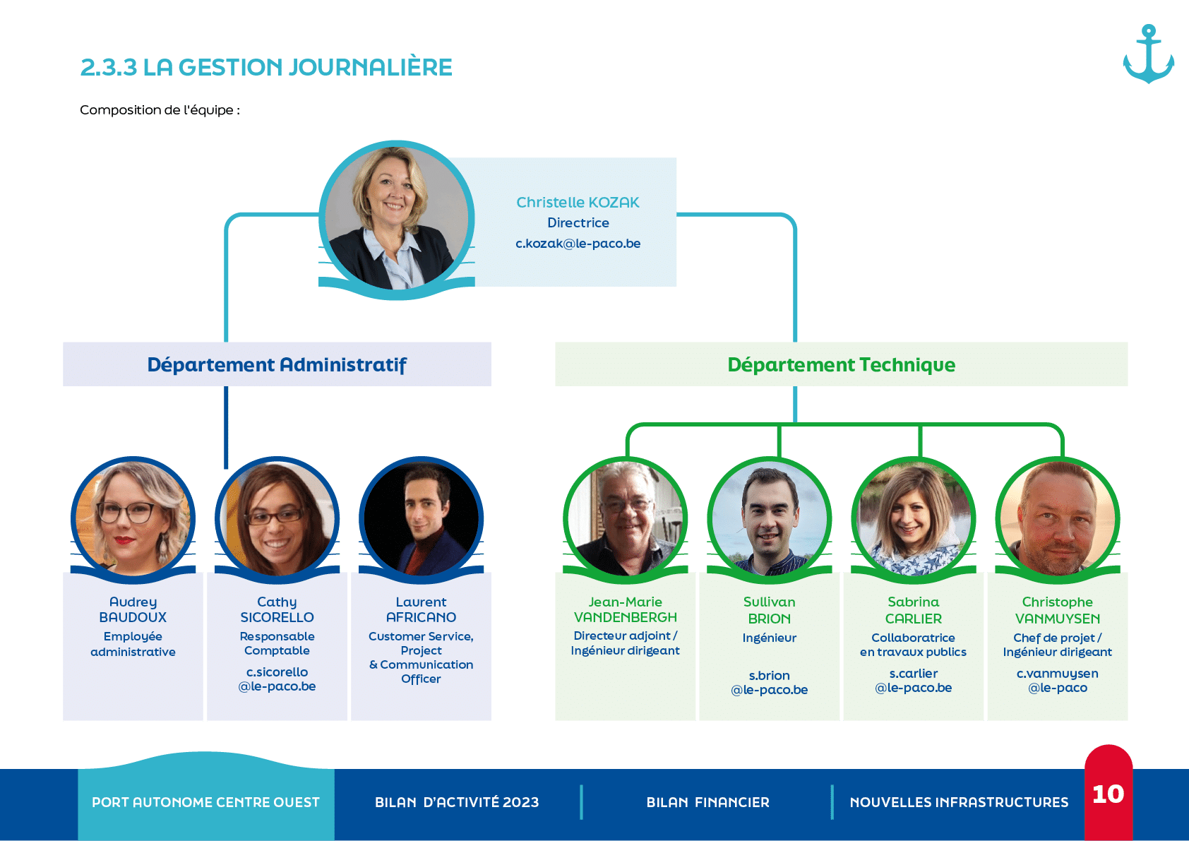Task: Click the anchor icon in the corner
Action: pos(1148,54)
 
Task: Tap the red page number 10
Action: pos(1108,794)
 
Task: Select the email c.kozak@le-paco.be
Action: pos(578,244)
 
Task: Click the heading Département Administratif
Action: pos(277,364)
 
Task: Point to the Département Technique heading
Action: pos(841,364)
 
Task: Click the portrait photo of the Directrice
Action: pos(396,218)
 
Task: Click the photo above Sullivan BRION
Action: pos(769,519)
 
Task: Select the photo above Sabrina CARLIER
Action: pos(913,519)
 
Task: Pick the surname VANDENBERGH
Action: pos(625,617)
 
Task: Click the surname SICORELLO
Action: pos(277,617)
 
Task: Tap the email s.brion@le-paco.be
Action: pos(769,683)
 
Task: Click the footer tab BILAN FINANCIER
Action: pos(707,802)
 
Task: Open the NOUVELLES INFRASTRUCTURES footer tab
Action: pos(959,802)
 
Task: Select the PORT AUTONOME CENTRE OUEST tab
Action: pos(205,802)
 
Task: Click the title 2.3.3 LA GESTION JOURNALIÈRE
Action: pos(266,67)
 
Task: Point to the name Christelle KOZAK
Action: pos(578,203)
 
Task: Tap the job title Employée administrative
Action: pos(133,644)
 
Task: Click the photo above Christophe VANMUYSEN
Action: pos(1057,519)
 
